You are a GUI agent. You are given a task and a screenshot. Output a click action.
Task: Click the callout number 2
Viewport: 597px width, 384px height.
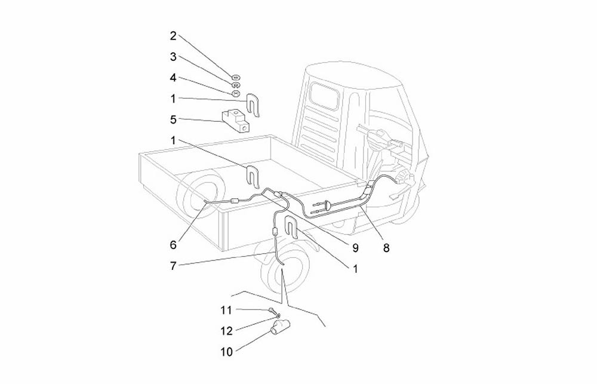173,36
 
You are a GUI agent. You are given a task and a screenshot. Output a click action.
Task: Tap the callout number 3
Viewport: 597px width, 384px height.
173,57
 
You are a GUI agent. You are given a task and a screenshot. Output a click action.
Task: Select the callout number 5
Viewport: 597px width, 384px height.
173,119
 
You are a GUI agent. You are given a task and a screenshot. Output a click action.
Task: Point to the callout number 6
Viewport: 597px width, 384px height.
173,244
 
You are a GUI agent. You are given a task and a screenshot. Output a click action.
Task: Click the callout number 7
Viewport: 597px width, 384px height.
173,266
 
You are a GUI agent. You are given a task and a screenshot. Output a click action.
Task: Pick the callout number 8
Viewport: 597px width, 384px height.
386,247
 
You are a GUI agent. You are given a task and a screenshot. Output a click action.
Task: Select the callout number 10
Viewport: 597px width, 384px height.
226,352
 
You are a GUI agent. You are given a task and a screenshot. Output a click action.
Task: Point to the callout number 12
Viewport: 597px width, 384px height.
226,330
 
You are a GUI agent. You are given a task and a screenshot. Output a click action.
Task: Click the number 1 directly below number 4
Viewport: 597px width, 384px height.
173,99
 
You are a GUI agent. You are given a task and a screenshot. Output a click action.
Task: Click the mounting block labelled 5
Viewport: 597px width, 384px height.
238,121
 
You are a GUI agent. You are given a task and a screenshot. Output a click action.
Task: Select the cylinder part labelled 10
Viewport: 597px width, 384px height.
281,326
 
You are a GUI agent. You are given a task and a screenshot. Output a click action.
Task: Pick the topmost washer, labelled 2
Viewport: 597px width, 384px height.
236,77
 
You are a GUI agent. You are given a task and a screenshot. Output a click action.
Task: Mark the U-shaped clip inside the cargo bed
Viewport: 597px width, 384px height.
253,177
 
